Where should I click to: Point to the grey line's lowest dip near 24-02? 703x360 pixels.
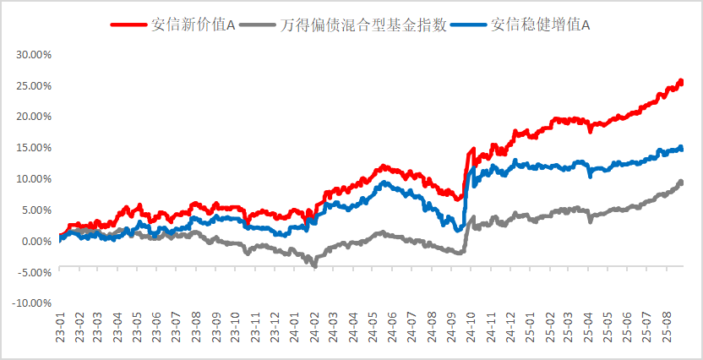click(x=315, y=265)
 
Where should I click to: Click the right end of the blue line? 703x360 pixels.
click(x=682, y=149)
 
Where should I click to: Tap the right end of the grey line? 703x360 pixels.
click(x=682, y=182)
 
